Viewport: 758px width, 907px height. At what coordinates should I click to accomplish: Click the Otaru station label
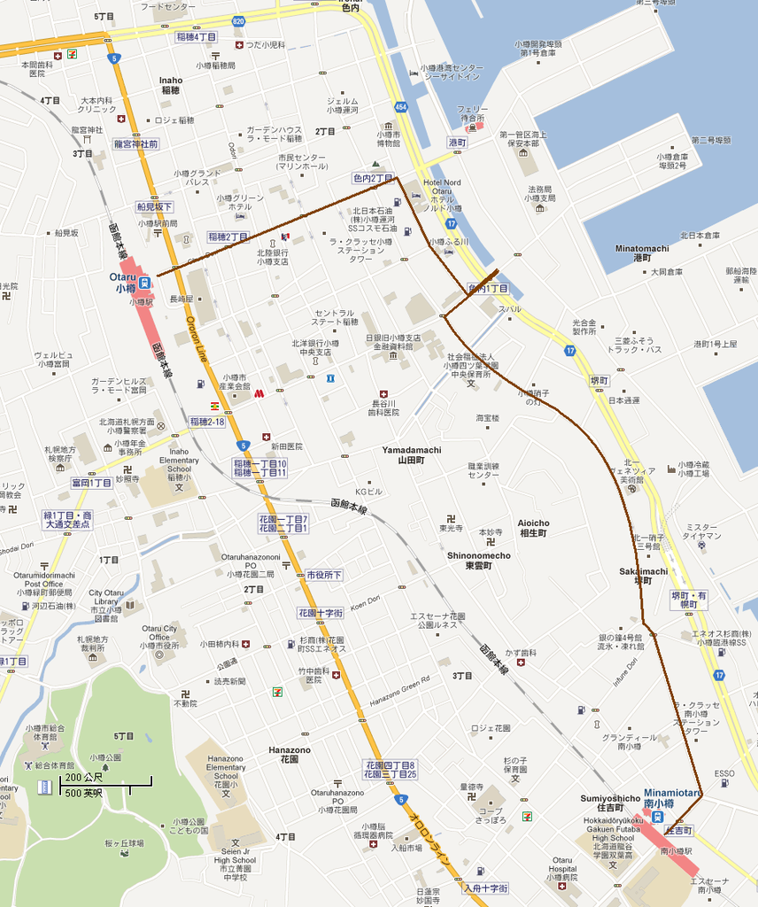[122, 282]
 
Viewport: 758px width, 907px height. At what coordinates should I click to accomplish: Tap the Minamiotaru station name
[672, 797]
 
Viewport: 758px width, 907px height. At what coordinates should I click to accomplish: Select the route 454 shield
[401, 107]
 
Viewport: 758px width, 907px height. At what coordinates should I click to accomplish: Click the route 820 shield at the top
[238, 19]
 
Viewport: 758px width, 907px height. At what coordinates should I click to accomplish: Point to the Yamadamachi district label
[412, 455]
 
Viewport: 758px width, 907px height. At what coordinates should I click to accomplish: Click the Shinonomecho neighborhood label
[478, 560]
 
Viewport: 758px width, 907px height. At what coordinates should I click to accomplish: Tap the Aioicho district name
[533, 528]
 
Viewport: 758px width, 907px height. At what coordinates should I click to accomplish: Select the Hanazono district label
[290, 755]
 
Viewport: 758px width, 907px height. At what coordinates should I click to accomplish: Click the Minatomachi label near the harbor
[638, 252]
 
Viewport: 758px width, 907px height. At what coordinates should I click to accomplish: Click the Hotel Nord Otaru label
[442, 191]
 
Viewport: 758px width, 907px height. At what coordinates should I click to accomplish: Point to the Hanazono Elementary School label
[225, 771]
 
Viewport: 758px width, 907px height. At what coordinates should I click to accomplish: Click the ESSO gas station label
[724, 773]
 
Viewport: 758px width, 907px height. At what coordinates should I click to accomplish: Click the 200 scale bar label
[78, 777]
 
